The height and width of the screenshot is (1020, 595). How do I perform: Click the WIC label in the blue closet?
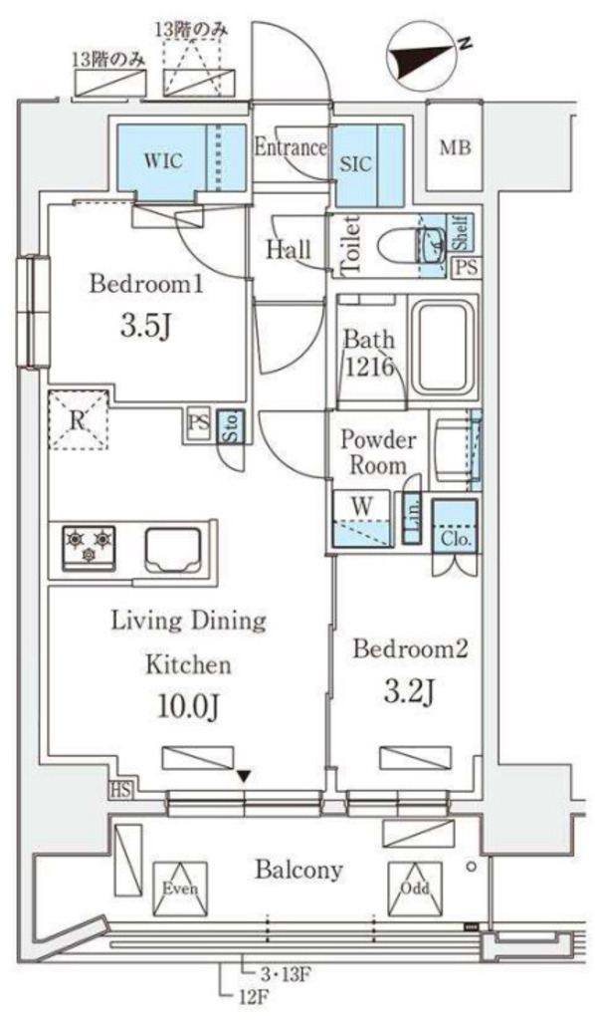pos(163,160)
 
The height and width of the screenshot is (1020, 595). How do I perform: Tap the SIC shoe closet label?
pos(356,162)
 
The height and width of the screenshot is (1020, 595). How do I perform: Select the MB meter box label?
pos(455,148)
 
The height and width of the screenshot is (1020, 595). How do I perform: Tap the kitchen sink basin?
pos(172,549)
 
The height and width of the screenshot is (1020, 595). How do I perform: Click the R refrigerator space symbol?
pos(78,419)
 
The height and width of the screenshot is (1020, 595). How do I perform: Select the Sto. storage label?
pos(231,426)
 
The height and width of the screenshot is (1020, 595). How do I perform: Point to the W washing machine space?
pos(362,518)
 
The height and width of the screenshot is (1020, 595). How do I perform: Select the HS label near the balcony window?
pos(120,791)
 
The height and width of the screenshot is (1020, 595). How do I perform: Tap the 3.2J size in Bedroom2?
pos(408,693)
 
